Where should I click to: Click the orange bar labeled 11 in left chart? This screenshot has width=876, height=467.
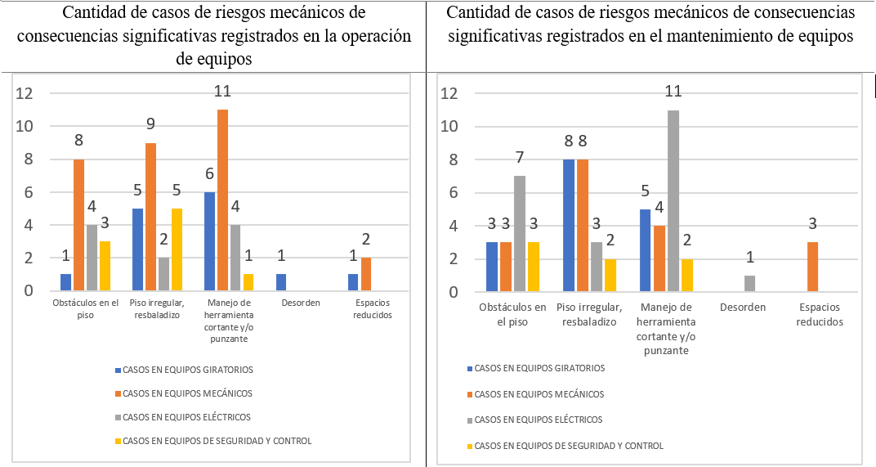[222, 200]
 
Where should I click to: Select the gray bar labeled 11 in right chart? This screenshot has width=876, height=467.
[673, 201]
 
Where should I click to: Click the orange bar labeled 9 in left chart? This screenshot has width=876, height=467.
[150, 217]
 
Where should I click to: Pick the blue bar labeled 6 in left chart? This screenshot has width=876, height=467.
[209, 241]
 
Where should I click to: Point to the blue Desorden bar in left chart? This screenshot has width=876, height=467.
[281, 282]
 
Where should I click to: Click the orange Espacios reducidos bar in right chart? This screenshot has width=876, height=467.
[813, 267]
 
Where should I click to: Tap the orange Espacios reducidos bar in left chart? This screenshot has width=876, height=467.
[366, 274]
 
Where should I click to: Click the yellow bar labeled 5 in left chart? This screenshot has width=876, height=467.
[177, 249]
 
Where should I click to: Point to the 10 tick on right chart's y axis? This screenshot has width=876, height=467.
[448, 127]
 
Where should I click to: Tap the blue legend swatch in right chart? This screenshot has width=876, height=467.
[469, 368]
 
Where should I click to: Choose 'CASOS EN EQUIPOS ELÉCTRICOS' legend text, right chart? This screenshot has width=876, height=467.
[539, 420]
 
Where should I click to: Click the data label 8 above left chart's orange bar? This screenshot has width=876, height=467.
[78, 140]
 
